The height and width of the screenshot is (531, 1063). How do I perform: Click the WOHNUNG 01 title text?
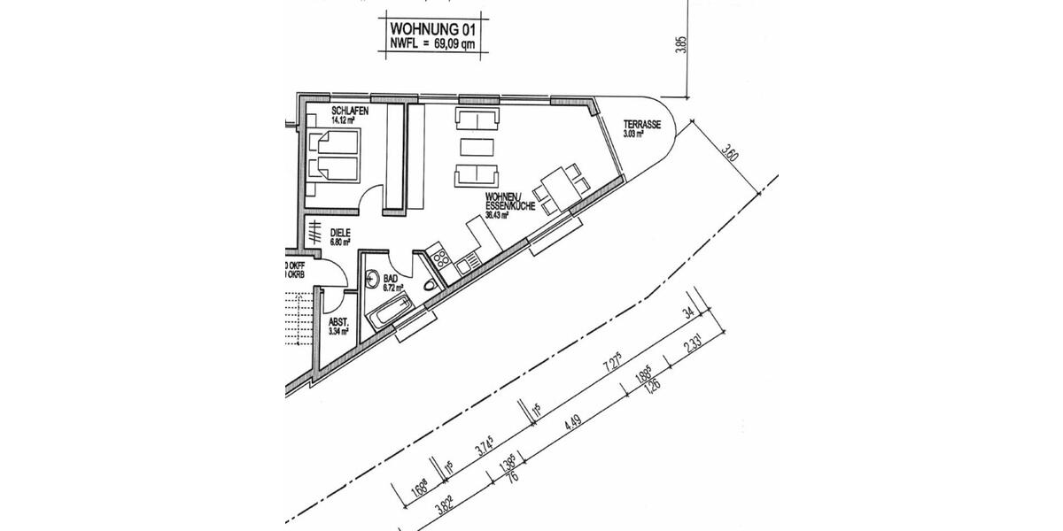tap(433, 28)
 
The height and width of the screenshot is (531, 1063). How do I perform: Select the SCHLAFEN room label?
tap(350, 112)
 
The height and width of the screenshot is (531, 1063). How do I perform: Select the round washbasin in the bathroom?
tap(373, 277)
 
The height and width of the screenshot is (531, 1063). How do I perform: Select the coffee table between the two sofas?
tap(477, 146)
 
